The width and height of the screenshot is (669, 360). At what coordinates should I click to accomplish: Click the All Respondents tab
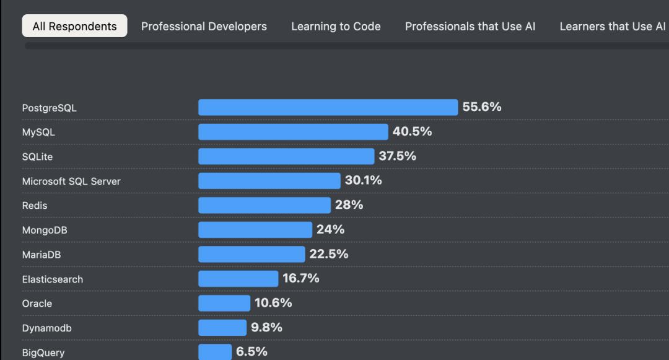pos(74,27)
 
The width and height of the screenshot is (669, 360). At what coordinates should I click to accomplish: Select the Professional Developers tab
pos(204,27)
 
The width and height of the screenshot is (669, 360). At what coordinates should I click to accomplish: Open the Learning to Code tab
pos(336,27)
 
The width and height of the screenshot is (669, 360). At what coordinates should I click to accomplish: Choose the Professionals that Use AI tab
pos(470,27)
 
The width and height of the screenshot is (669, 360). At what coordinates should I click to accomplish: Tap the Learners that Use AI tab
pos(613,27)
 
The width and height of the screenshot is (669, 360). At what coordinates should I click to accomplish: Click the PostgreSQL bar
pos(328,107)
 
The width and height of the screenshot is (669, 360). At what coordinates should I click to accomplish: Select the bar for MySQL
pos(293,132)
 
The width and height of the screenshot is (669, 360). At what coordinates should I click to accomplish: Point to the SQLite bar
pos(286,156)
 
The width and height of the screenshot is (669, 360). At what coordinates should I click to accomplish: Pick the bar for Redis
pos(265,205)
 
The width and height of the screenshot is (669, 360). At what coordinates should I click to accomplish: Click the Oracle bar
pos(224,303)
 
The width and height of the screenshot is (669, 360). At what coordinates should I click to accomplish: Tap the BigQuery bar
pos(215,352)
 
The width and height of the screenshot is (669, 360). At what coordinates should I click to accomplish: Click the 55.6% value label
pos(482,107)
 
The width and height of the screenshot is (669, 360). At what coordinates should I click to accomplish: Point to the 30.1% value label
pos(364,180)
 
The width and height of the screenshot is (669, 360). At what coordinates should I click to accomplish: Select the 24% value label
pos(330,229)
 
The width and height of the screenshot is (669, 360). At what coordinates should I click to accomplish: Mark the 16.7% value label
pos(301,278)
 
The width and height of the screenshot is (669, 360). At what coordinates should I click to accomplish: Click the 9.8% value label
pos(266,327)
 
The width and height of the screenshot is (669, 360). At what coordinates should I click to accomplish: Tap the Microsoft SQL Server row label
pos(71,181)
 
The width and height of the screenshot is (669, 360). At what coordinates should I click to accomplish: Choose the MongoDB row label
pos(45,230)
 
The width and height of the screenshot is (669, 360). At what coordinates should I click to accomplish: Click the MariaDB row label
pos(42,255)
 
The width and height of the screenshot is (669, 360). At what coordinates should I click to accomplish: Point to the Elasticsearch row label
pos(53,279)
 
